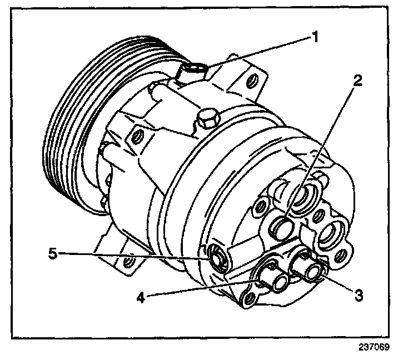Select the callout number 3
click(359, 296)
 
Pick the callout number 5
click(53, 254)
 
